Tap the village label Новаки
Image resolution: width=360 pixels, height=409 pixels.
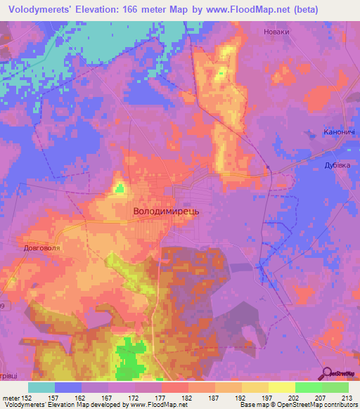click(275, 32)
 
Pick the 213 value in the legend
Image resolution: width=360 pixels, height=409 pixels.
click(344, 398)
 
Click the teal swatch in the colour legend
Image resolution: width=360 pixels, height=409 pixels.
click(41, 387)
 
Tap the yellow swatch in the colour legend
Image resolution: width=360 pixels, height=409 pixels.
click(281, 387)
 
